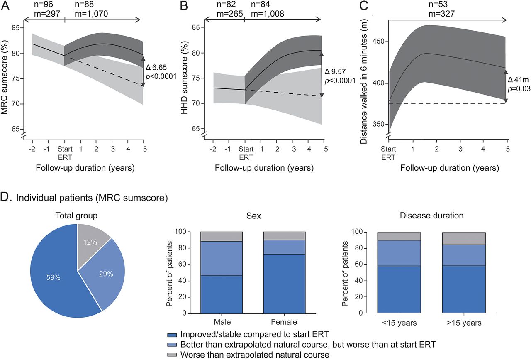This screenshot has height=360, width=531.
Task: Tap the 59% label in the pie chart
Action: (54, 277)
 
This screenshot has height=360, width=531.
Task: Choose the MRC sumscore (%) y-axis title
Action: (6, 77)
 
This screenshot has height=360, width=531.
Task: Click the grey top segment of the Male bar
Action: (222, 236)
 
